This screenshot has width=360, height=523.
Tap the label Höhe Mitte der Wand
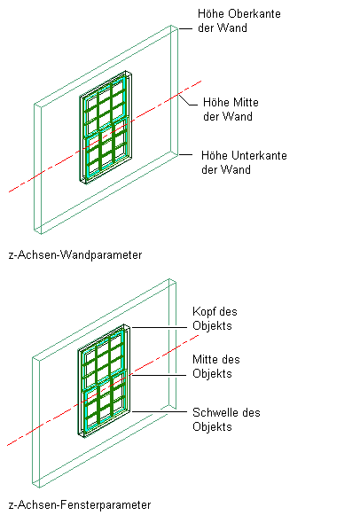click(231, 109)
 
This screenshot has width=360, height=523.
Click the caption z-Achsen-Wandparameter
click(75, 254)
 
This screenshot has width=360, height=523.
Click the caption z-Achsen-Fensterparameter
click(80, 504)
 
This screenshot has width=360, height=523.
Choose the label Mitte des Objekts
click(215, 366)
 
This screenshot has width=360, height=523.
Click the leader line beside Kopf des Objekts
click(159, 328)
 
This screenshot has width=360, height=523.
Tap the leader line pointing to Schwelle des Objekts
click(159, 411)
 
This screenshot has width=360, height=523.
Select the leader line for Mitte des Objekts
click(159, 375)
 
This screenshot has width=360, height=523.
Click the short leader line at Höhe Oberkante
click(185, 29)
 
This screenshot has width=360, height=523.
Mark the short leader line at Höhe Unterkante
click(185, 154)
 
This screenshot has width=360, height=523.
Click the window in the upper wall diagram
click(106, 127)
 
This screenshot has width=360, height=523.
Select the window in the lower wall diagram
click(104, 380)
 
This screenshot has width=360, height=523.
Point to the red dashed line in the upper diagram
click(106, 137)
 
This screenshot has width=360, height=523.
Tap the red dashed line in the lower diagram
click(104, 390)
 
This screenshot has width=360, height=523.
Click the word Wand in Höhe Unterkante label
click(236, 169)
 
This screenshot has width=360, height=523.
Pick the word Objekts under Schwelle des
click(212, 427)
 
